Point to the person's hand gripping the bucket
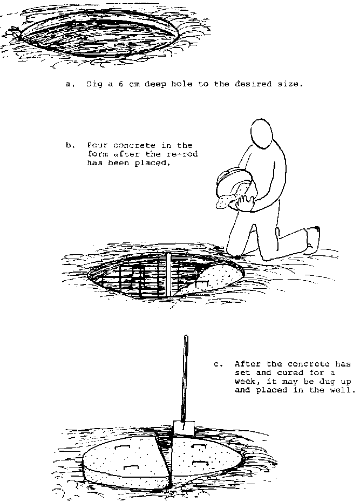click(244, 202)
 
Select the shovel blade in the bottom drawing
click(184, 428)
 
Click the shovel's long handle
click(185, 378)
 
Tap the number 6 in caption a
click(121, 84)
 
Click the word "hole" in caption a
click(182, 84)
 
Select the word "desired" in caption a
click(253, 84)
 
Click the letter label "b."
click(70, 146)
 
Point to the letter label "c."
click(219, 364)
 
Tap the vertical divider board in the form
click(168, 274)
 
